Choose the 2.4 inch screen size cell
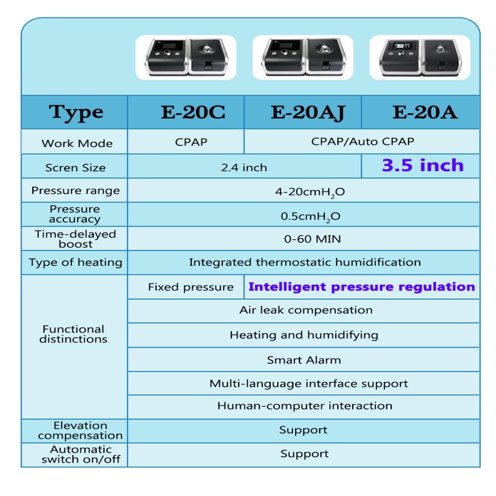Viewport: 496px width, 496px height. (x=244, y=168)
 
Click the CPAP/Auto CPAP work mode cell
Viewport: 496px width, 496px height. (x=363, y=142)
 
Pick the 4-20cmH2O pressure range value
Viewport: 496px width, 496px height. (x=303, y=191)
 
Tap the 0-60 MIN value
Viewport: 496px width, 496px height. (x=304, y=240)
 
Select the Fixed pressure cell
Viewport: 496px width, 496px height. (x=191, y=287)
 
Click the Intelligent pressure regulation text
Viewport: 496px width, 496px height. (x=362, y=287)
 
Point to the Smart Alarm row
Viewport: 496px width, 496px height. (x=304, y=360)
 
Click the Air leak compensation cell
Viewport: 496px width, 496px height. (x=304, y=311)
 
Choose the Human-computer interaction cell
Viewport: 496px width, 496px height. (x=304, y=406)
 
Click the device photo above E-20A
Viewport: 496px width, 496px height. (x=420, y=57)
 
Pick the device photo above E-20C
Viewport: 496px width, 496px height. (x=186, y=57)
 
